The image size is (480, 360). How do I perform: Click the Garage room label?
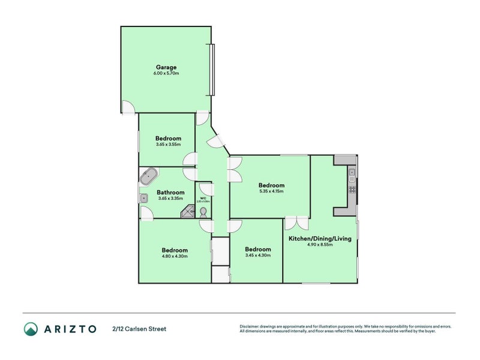pyautogui.click(x=166, y=67)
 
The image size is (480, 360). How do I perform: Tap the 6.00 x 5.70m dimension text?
pyautogui.click(x=166, y=73)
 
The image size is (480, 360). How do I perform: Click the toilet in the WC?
pyautogui.click(x=203, y=212)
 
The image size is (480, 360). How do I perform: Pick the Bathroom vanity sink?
pyautogui.click(x=144, y=199)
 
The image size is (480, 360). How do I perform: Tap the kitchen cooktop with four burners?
pyautogui.click(x=352, y=190)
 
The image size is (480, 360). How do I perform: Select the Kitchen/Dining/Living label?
pyautogui.click(x=320, y=239)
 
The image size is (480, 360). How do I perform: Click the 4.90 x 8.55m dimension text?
pyautogui.click(x=320, y=245)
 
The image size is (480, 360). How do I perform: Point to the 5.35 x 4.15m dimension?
pyautogui.click(x=271, y=192)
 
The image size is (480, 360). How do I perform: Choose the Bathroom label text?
pyautogui.click(x=171, y=193)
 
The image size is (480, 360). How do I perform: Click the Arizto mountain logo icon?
pyautogui.click(x=31, y=329)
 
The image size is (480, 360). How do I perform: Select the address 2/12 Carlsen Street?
pyautogui.click(x=139, y=329)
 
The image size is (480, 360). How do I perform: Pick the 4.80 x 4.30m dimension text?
pyautogui.click(x=175, y=256)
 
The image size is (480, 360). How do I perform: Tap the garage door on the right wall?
pyautogui.click(x=211, y=70)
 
